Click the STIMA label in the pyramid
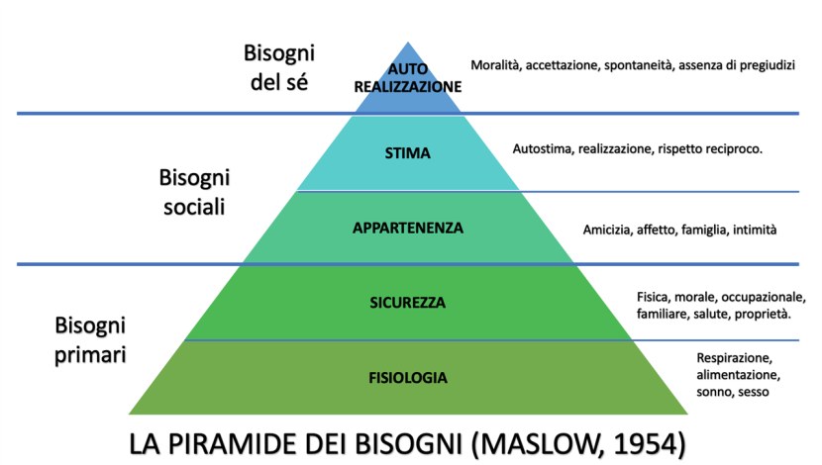click(x=407, y=153)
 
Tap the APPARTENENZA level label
click(x=408, y=228)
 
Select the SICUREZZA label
click(x=407, y=303)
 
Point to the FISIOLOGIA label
click(x=408, y=378)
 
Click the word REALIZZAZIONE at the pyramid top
click(x=408, y=87)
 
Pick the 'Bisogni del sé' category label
click(x=279, y=67)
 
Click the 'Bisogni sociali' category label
click(x=194, y=192)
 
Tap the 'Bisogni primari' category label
click(x=90, y=340)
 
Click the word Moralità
click(x=495, y=65)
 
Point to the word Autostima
click(x=544, y=149)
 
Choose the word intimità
click(x=755, y=230)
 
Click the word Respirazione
click(x=735, y=359)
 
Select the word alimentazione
click(x=738, y=375)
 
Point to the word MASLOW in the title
click(x=540, y=444)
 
